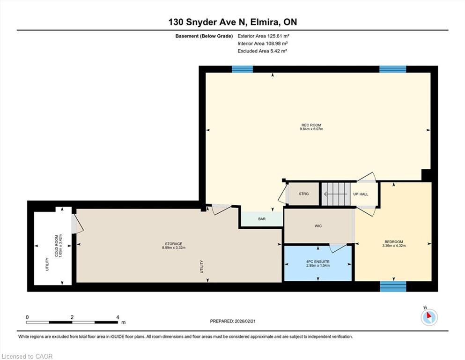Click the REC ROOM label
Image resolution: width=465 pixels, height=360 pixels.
click(x=311, y=125)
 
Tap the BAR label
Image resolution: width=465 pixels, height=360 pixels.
click(x=262, y=219)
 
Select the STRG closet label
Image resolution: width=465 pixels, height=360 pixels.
click(x=303, y=194)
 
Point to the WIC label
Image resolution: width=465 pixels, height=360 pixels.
click(x=318, y=226)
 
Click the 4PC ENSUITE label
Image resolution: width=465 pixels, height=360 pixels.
click(x=318, y=262)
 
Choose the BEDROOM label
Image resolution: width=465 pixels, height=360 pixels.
click(x=394, y=242)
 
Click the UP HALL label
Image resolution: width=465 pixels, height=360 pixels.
click(x=361, y=194)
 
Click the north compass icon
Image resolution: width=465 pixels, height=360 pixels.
click(x=429, y=317)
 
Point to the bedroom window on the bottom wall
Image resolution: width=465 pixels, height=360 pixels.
click(x=393, y=286)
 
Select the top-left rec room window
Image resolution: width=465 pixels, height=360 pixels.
click(x=242, y=69)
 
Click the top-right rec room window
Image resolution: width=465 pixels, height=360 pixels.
click(x=392, y=69)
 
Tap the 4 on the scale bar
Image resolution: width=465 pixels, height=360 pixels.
click(x=118, y=317)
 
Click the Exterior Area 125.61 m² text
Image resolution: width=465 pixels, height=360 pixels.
click(x=263, y=36)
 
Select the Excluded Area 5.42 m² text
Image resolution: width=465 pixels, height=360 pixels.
click(x=262, y=51)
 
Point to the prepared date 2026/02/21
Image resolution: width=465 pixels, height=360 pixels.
click(x=245, y=321)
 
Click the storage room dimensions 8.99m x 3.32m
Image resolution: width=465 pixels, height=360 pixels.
click(x=174, y=247)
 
